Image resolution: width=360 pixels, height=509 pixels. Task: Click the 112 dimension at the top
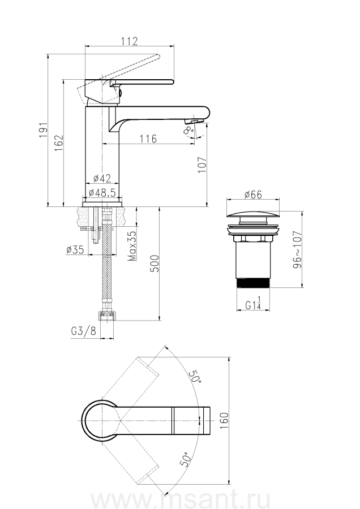point(130,41)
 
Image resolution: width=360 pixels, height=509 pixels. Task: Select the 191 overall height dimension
point(43,130)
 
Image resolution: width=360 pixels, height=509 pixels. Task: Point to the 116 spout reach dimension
point(148,139)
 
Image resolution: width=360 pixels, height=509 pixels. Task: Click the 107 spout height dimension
point(202,165)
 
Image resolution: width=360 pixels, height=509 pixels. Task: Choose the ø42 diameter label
point(102,178)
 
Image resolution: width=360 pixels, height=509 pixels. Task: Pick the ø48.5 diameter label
point(102,192)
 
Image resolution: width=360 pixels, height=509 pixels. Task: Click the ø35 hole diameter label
point(75,249)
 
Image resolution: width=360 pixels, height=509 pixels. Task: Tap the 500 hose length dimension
point(155,264)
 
